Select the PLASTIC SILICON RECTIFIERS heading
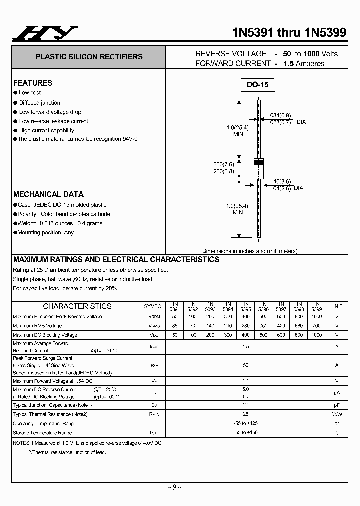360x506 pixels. (x=89, y=57)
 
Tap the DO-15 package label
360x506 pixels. (x=257, y=84)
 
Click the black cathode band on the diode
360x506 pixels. (x=259, y=162)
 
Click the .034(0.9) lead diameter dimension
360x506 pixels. (x=280, y=115)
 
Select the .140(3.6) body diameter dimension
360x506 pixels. (x=280, y=181)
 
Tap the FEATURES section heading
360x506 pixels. (x=33, y=83)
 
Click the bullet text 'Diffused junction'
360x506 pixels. (x=40, y=102)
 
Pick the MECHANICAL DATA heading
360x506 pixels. (x=48, y=194)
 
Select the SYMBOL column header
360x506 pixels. (x=154, y=306)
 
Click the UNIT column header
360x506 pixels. (x=337, y=306)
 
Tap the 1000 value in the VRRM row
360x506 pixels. (x=316, y=316)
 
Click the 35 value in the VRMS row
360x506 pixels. (x=175, y=326)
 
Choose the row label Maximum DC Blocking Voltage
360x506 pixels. (x=45, y=335)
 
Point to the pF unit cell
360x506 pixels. (x=337, y=405)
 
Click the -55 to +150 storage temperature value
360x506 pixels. (x=245, y=433)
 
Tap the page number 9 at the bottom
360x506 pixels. (x=174, y=488)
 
